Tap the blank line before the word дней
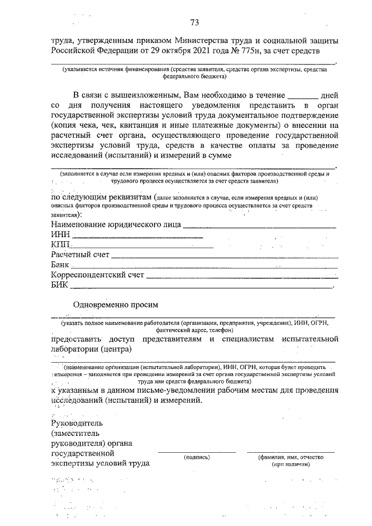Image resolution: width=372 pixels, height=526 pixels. point(303,94)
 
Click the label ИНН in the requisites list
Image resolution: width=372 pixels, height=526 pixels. point(60,235)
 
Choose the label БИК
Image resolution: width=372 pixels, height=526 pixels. point(60,285)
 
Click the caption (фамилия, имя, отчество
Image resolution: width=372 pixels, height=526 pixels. point(291,457)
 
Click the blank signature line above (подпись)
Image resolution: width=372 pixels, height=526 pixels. point(197,452)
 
